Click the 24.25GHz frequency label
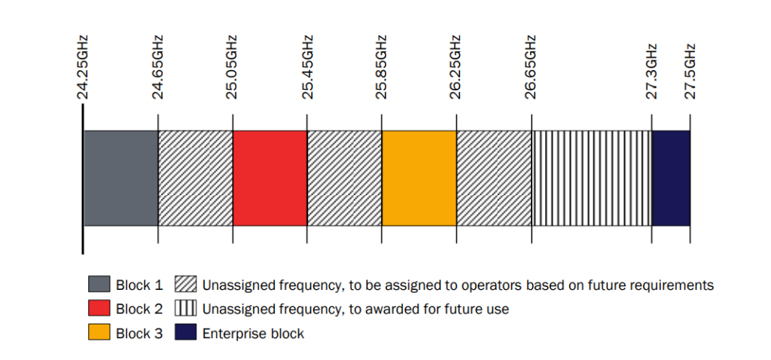pyautogui.click(x=83, y=67)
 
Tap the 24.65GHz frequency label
pyautogui.click(x=158, y=67)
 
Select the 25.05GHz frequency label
pyautogui.click(x=233, y=67)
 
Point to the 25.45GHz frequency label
pyautogui.click(x=307, y=67)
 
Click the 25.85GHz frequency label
pyautogui.click(x=382, y=67)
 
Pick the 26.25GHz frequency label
pyautogui.click(x=456, y=67)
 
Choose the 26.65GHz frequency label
pyautogui.click(x=532, y=67)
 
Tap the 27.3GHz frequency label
pyautogui.click(x=652, y=72)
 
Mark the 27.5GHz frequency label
pyautogui.click(x=690, y=72)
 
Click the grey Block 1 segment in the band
pyautogui.click(x=120, y=178)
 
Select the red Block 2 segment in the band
pyautogui.click(x=270, y=178)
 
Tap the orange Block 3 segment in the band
pyautogui.click(x=419, y=178)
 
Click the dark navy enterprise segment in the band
pyautogui.click(x=671, y=178)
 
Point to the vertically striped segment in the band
pyautogui.click(x=592, y=178)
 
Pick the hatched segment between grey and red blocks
pyautogui.click(x=195, y=178)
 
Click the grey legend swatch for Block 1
pyautogui.click(x=99, y=285)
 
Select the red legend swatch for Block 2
pyautogui.click(x=99, y=309)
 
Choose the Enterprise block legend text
pyautogui.click(x=253, y=333)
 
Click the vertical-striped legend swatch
pyautogui.click(x=186, y=309)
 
